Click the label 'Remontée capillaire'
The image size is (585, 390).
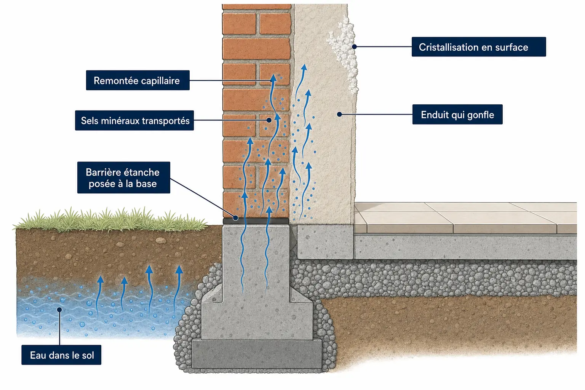point(137,80)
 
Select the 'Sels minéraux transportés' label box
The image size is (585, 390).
point(134,120)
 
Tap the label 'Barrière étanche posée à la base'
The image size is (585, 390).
point(123,177)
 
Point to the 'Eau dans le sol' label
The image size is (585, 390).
point(61,355)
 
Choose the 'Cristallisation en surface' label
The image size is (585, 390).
point(479,47)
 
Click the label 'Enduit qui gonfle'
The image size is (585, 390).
point(457,114)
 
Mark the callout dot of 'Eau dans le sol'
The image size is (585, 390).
point(59,310)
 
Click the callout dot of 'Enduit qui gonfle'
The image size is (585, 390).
point(339,114)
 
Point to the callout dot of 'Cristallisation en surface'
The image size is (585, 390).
point(354,46)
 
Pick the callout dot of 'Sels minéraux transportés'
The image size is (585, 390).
point(269,120)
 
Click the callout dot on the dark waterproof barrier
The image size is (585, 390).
point(235,217)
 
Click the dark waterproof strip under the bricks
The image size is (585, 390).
point(256,221)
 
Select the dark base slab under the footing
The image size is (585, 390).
point(257,354)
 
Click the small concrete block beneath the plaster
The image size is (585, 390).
point(325,242)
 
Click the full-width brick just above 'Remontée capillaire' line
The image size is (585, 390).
point(256,49)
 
